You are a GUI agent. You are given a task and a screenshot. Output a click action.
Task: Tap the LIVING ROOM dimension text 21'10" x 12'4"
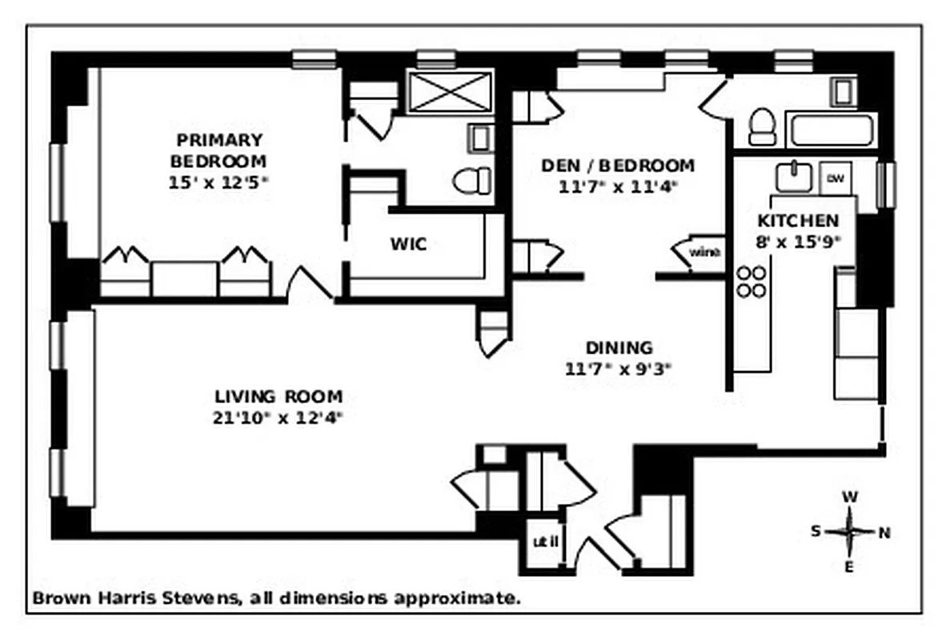278,417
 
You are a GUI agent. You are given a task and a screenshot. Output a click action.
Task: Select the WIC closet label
408,244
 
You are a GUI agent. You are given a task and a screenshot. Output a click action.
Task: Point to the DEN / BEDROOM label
618,166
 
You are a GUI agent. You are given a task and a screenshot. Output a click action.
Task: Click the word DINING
619,348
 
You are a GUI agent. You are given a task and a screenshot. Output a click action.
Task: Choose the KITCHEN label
798,221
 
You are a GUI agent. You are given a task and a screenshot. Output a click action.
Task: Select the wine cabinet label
704,253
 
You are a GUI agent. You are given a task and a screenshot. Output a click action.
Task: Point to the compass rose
850,531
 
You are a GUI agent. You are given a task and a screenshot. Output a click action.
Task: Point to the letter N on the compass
884,532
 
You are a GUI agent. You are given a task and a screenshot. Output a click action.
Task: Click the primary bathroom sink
479,138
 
